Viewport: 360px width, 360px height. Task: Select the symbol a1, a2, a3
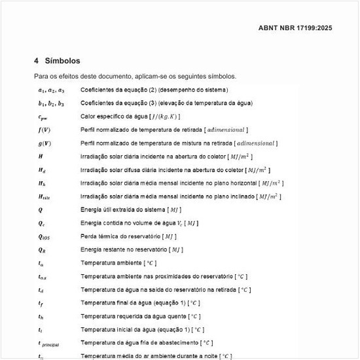[51, 90]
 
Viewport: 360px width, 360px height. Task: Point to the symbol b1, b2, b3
[51, 103]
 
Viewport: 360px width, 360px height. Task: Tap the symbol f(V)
[45, 130]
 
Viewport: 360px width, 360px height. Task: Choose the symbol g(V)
[45, 143]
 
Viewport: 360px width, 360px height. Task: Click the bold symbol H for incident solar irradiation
[41, 156]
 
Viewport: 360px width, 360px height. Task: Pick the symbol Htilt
[45, 196]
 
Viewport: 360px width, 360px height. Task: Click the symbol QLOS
[44, 236]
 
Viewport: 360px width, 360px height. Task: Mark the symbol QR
[42, 249]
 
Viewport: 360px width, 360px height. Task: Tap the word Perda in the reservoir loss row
[88, 236]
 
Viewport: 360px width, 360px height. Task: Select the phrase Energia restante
[102, 249]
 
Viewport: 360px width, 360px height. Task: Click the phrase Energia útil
[96, 209]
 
